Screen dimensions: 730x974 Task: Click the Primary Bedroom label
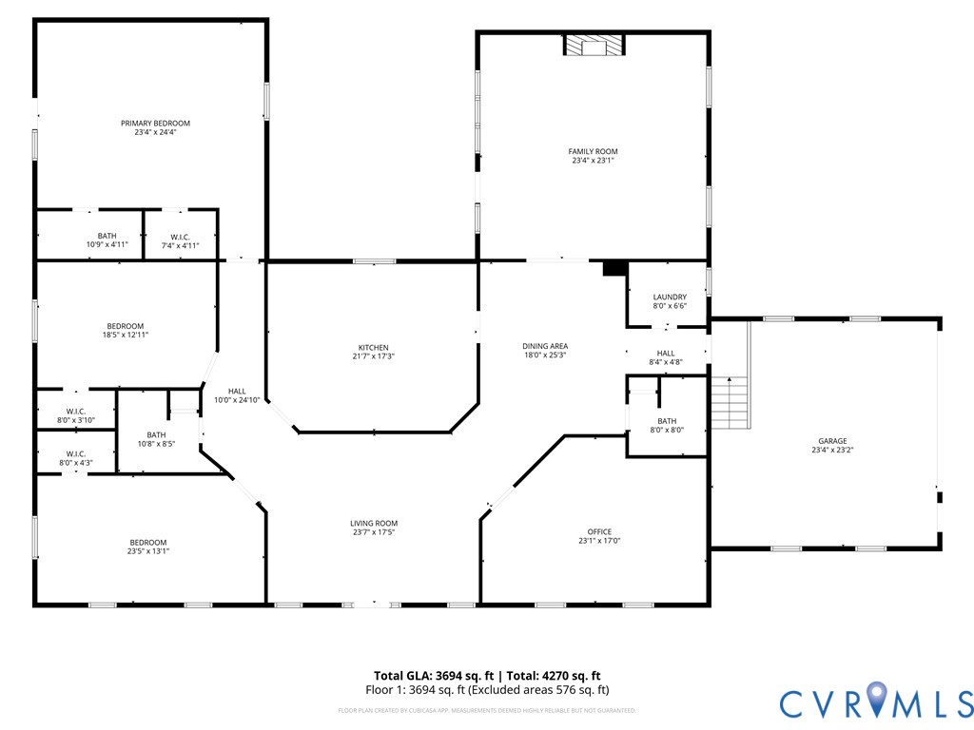[x=155, y=124]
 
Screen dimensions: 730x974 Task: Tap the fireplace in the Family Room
[x=594, y=46]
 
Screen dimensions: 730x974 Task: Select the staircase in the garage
[x=730, y=402]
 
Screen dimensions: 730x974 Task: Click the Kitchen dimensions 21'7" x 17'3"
[x=373, y=356]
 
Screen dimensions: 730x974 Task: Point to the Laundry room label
[x=670, y=298]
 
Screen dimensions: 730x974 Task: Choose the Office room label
[x=599, y=532]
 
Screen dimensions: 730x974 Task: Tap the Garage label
[x=832, y=441]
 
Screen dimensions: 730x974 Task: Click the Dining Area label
[x=545, y=346]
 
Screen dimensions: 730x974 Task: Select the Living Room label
[x=374, y=524]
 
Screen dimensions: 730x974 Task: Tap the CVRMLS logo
[x=876, y=702]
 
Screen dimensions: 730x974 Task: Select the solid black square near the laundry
[x=614, y=269]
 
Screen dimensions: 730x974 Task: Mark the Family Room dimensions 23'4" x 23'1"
[x=593, y=162]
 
